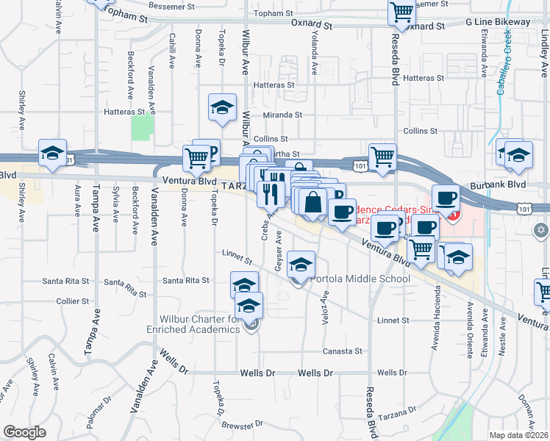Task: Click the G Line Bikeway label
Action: point(498,22)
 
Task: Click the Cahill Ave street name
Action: point(171,49)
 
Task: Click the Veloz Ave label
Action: point(325,306)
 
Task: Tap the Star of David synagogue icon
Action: point(541,231)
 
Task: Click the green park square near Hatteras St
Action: point(142,127)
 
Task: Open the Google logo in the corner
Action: point(24,432)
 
